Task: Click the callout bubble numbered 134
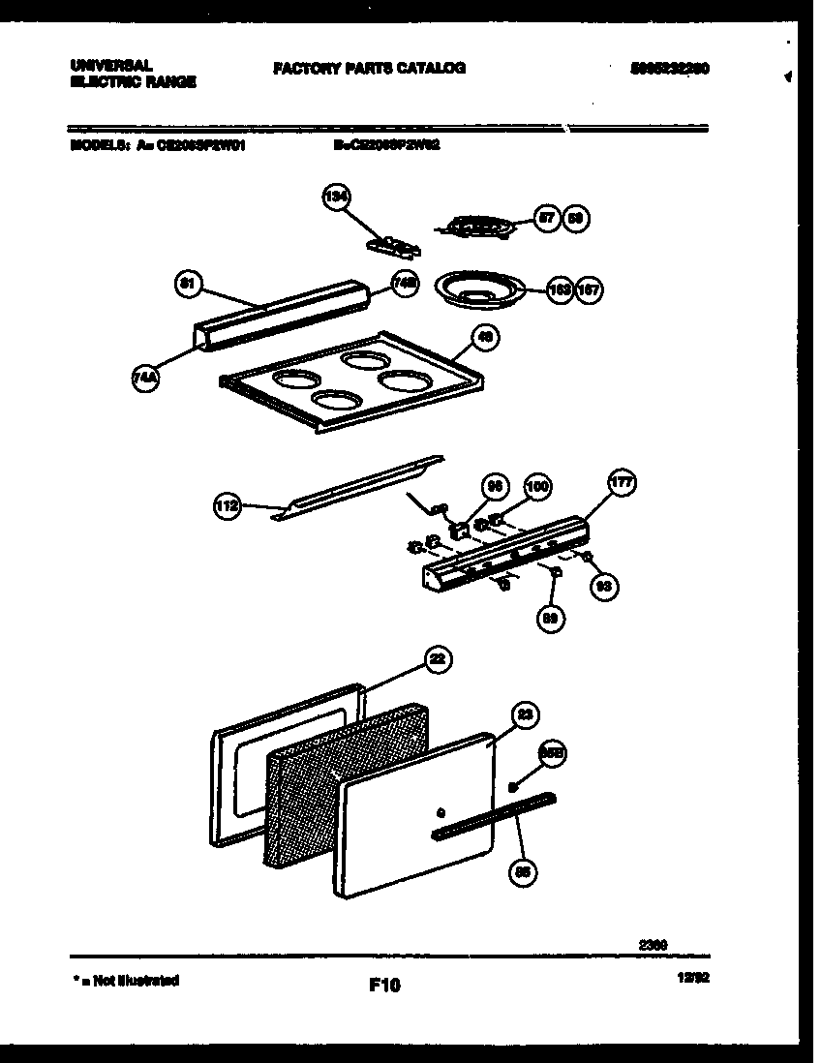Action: (335, 198)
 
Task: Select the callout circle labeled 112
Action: (227, 504)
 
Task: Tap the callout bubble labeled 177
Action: (621, 483)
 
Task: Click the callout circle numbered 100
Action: (536, 487)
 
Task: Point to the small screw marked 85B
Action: (513, 788)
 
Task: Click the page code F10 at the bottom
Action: (384, 985)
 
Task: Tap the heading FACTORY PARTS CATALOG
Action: (369, 69)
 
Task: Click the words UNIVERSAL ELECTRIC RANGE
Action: (133, 74)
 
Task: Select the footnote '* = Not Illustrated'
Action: (126, 981)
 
